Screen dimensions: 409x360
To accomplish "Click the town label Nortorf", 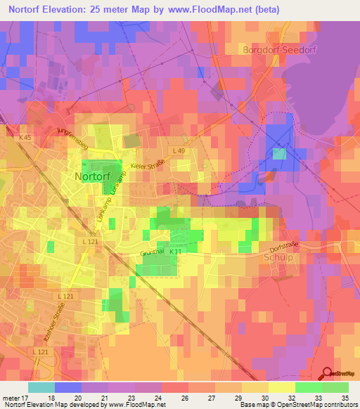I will point(93,177).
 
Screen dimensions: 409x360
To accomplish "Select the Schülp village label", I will point(278,257).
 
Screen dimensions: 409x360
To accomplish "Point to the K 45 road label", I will point(25,137).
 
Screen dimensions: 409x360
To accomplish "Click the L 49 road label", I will point(179,150).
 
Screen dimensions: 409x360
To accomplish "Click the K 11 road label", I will point(175,252).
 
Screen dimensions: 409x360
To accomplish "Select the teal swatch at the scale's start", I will point(41,387).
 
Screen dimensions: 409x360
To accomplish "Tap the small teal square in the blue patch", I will point(279,154).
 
